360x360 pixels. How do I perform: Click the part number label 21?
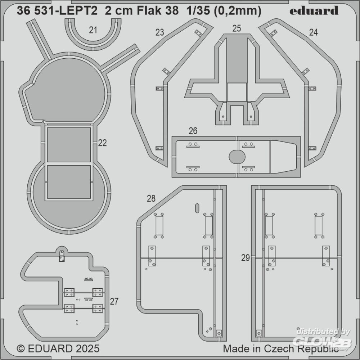(93, 30)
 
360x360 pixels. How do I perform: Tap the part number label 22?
(102, 143)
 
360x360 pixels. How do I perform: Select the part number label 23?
(160, 32)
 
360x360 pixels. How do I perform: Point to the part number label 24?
(314, 32)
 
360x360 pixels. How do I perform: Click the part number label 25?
(237, 28)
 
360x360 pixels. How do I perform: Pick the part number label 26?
(193, 131)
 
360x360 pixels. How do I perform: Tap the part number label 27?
(114, 301)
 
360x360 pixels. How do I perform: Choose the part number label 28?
(151, 198)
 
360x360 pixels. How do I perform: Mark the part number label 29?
(246, 258)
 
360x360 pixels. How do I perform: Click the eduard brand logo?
(314, 10)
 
